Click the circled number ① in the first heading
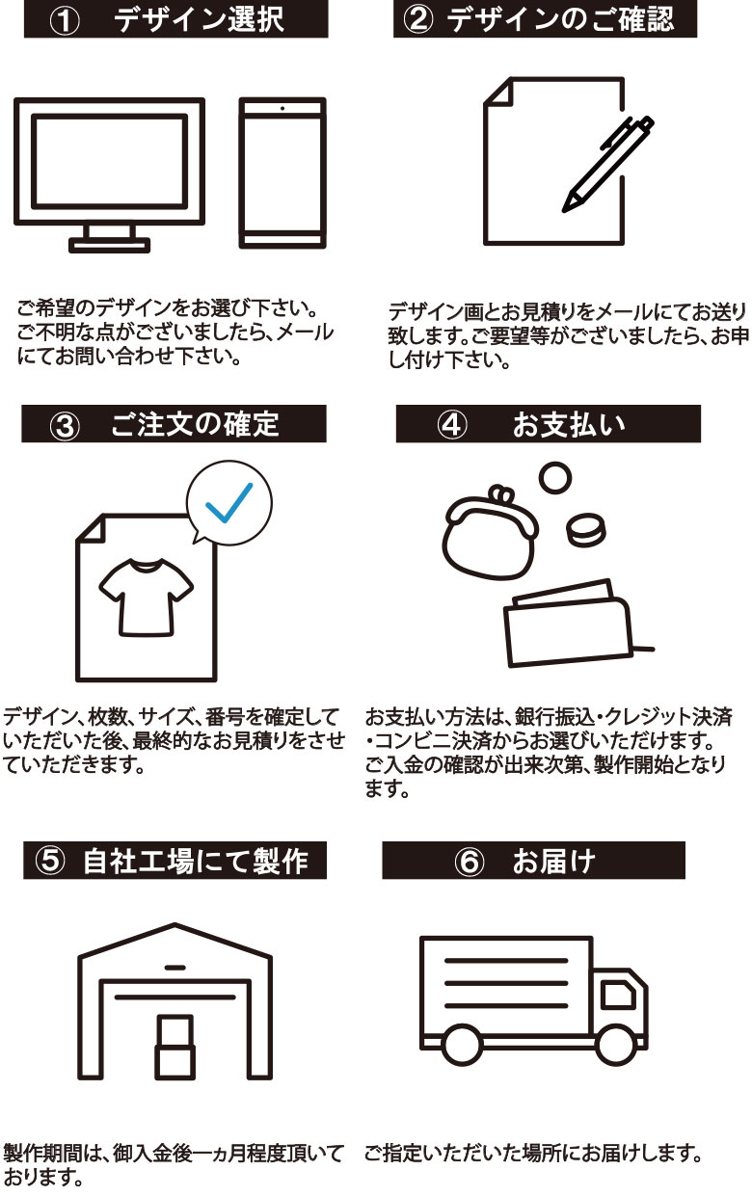[65, 21]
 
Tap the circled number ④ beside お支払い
[453, 425]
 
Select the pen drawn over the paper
[607, 164]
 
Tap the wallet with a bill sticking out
[569, 625]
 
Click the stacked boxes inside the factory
[175, 1045]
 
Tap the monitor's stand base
[109, 245]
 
